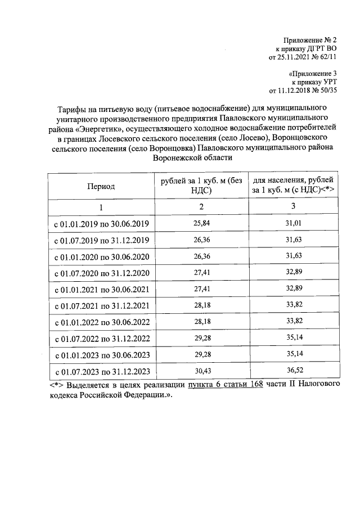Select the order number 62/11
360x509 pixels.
(326, 57)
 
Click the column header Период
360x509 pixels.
(101, 186)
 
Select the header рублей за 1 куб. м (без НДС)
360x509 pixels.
(197, 186)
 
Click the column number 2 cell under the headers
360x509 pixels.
(197, 207)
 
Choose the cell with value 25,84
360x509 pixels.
(197, 223)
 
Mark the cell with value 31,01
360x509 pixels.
(294, 223)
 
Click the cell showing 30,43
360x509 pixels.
(197, 371)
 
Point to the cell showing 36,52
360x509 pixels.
(294, 371)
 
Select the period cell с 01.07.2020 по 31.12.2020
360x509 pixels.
(101, 273)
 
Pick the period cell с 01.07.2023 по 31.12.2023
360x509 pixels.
(101, 372)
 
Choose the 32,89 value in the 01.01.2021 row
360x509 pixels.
(294, 289)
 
